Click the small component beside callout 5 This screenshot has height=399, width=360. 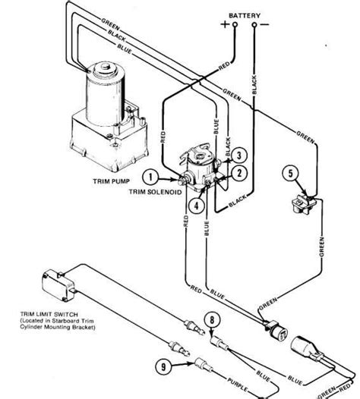coord(305,202)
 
